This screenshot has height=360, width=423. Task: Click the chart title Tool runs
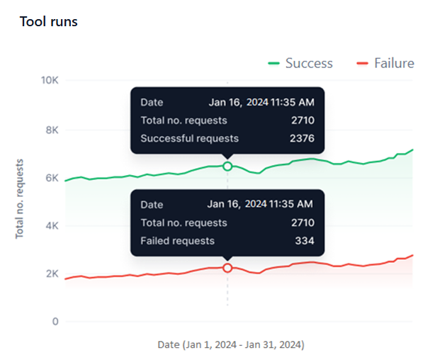tap(49, 22)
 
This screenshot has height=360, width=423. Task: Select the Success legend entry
tap(300, 63)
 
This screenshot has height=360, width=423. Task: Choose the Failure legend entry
tap(385, 63)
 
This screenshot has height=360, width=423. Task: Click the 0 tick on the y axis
tap(55, 322)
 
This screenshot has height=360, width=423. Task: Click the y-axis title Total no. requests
tap(20, 198)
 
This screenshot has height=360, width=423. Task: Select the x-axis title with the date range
tap(231, 345)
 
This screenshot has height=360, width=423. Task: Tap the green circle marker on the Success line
tap(227, 166)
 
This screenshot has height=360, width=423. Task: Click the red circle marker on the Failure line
tap(227, 268)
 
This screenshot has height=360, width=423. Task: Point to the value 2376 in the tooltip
tap(302, 138)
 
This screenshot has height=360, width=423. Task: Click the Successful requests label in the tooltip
tap(189, 138)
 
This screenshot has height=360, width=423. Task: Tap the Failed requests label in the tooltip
tap(177, 241)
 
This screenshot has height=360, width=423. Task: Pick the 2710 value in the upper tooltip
tap(302, 120)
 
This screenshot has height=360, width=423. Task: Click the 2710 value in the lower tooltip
tap(302, 223)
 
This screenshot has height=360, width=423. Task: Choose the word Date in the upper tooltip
tap(152, 102)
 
